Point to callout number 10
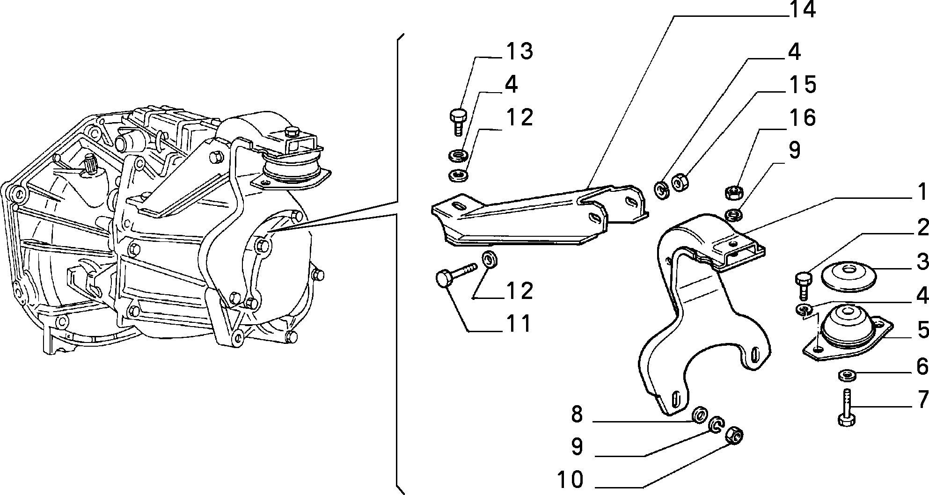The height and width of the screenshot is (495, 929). (571, 479)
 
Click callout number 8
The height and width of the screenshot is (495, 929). (577, 414)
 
